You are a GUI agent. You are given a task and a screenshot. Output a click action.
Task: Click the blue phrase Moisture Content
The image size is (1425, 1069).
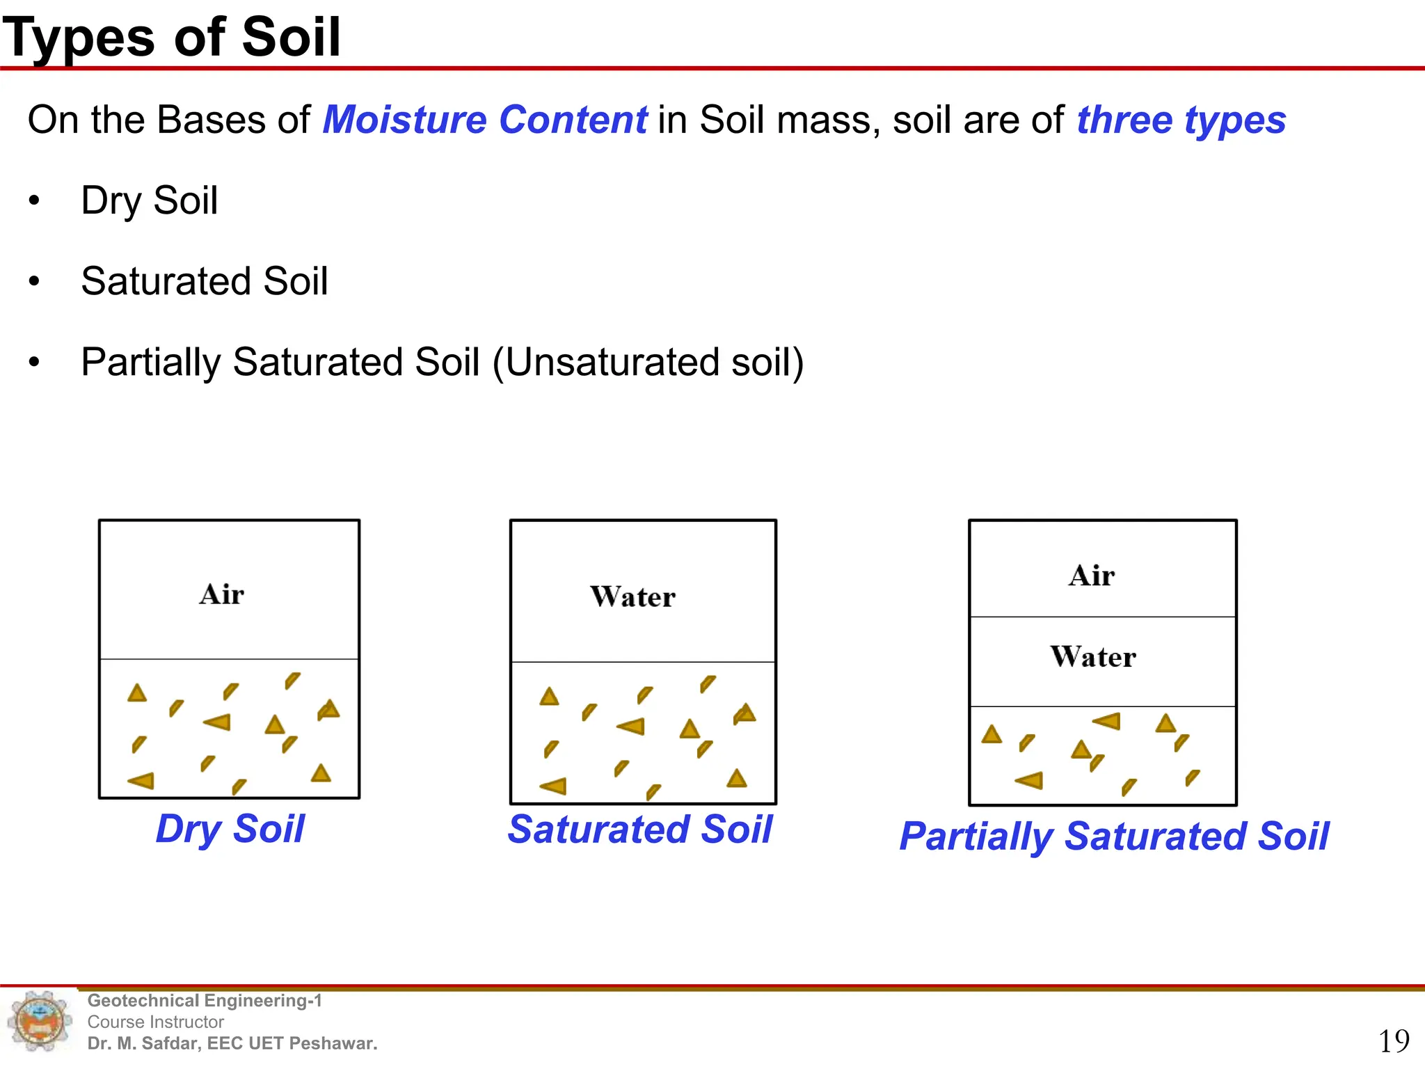pos(485,120)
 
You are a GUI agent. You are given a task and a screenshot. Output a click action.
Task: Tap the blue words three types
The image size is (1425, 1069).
pos(1181,120)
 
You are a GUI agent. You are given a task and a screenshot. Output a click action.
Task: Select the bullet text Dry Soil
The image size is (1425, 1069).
pos(149,200)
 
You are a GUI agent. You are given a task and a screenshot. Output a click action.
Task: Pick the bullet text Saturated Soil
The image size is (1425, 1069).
pos(204,281)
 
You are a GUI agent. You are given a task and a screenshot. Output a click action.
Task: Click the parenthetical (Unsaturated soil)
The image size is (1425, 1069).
pos(648,362)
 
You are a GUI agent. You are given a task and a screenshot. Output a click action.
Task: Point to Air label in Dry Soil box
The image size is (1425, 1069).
pos(222,594)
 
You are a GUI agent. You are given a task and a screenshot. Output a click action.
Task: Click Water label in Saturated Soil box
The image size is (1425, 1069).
pos(632,597)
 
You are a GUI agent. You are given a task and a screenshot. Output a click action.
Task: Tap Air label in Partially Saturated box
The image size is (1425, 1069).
pos(1092,576)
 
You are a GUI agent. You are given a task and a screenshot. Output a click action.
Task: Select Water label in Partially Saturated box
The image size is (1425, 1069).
pos(1093,657)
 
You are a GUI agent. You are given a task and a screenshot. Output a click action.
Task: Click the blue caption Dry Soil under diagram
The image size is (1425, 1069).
pos(230,829)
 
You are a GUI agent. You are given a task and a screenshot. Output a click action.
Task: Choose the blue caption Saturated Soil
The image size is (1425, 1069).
pos(640,829)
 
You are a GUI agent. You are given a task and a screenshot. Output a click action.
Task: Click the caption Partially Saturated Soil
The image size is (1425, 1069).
pos(1114,836)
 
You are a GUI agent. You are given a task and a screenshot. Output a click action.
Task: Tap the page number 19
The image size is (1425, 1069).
pos(1394,1041)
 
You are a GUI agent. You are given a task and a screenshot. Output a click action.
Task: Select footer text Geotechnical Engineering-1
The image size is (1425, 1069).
pos(205,1001)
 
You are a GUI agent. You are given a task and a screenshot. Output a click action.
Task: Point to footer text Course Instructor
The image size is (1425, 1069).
pos(156,1022)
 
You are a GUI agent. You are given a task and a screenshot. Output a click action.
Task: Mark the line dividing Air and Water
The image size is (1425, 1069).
pos(1103,617)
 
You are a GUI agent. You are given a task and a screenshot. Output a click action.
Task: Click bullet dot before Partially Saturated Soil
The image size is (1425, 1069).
pos(34,363)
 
